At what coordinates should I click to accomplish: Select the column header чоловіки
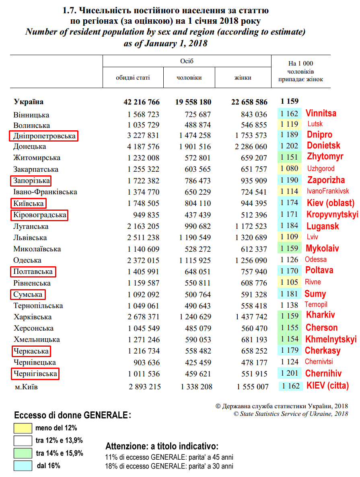point(189,78)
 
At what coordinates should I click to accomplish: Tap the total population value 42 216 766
point(142,102)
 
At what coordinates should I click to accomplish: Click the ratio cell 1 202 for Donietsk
point(289,146)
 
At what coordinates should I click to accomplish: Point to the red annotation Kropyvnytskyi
point(332,214)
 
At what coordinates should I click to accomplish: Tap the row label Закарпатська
point(36,170)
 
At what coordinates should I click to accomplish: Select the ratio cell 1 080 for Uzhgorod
point(289,168)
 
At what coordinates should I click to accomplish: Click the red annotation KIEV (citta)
point(327,386)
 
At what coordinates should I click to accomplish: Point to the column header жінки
point(243,78)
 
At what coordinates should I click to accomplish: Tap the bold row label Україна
point(29,102)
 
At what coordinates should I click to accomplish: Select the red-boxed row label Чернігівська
point(35,374)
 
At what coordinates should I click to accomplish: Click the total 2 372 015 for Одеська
point(144,260)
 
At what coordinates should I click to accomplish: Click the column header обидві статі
point(133,78)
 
